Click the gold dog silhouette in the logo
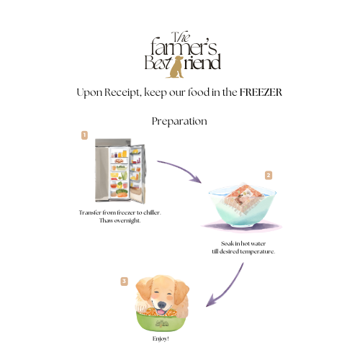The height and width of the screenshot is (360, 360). tap(176, 67)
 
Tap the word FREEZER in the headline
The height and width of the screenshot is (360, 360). tap(261, 92)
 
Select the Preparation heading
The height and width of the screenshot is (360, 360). tap(179, 121)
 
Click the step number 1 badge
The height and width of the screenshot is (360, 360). tap(84, 135)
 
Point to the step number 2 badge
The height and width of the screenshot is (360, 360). tap(269, 175)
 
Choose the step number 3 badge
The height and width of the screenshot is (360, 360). tap(124, 282)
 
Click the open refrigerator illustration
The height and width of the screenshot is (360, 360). tap(120, 171)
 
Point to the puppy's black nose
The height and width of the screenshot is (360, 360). tap(161, 305)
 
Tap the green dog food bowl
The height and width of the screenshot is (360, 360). tap(161, 322)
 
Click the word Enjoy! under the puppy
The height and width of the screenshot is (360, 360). tap(161, 338)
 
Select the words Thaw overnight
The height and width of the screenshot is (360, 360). tap(120, 220)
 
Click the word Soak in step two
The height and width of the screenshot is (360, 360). tap(228, 243)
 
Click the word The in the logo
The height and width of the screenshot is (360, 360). tap(181, 37)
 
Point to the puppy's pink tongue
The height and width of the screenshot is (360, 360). tap(161, 312)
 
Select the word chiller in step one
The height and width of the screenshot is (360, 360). tap(152, 212)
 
